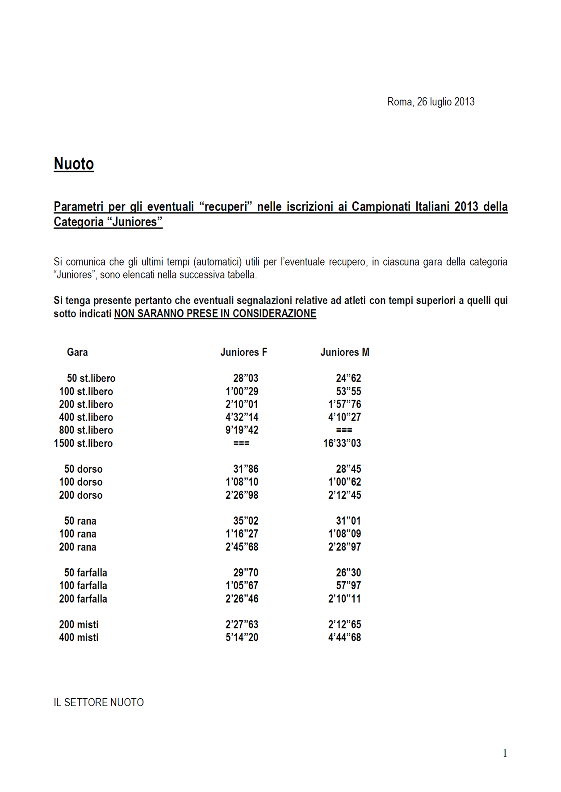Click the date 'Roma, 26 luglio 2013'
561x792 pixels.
(x=431, y=102)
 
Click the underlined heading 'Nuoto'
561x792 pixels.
(x=74, y=164)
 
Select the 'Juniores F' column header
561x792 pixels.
(x=243, y=352)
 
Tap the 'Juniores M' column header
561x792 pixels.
(x=344, y=352)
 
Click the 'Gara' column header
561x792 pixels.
(x=77, y=352)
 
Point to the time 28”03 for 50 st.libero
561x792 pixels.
(x=246, y=378)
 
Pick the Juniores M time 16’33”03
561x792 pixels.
(x=342, y=443)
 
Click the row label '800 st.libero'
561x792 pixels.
(x=86, y=430)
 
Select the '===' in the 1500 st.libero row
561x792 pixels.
(x=241, y=443)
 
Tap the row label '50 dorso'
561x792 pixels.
(x=83, y=469)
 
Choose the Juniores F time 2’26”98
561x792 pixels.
(x=242, y=495)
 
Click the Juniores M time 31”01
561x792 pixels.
(x=348, y=521)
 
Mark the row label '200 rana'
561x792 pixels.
(x=77, y=547)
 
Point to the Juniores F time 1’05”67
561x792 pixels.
(x=242, y=585)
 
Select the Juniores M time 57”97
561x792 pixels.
(x=348, y=585)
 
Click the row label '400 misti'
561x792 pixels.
(x=79, y=638)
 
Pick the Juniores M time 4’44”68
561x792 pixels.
(x=344, y=638)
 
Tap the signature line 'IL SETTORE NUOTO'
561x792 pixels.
(x=99, y=702)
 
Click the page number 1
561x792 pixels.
(x=505, y=753)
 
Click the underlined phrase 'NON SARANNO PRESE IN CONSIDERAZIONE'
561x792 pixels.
(x=215, y=313)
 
